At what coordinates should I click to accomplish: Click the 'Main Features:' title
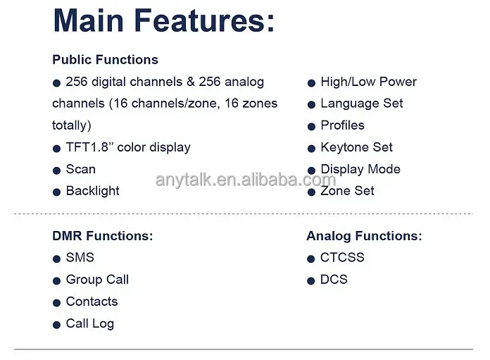(x=164, y=20)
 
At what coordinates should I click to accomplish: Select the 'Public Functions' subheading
(x=106, y=60)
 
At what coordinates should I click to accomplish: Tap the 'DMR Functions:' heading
(x=103, y=236)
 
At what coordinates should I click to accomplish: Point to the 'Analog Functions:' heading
(x=364, y=236)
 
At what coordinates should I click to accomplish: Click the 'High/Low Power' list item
(x=369, y=82)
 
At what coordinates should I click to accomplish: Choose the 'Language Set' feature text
(x=362, y=104)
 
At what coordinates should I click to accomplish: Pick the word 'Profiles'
(x=342, y=125)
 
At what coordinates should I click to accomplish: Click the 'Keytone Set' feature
(x=356, y=147)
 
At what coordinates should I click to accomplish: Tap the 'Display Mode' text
(x=360, y=169)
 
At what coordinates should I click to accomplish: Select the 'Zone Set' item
(x=347, y=191)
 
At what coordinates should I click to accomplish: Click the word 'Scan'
(x=81, y=169)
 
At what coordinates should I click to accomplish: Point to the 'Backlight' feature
(x=93, y=191)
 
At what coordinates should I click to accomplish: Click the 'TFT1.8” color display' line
(x=128, y=147)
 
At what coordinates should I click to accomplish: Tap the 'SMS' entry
(x=80, y=257)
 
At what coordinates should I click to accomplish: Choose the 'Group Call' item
(x=97, y=280)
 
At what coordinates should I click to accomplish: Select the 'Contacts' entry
(x=92, y=302)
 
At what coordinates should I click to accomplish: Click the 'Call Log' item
(x=90, y=324)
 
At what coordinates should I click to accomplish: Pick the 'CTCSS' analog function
(x=342, y=257)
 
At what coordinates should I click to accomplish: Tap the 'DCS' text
(x=334, y=279)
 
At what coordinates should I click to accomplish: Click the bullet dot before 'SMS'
(x=56, y=259)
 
